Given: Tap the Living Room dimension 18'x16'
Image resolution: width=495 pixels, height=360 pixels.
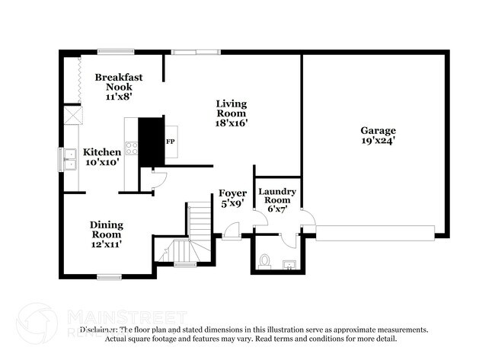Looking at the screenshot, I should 232,122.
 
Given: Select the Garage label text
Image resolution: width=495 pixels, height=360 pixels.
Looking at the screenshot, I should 378,130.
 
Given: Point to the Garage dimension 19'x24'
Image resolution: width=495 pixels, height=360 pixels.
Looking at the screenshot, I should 378,140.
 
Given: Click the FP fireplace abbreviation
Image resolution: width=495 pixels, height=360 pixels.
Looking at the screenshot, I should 171,142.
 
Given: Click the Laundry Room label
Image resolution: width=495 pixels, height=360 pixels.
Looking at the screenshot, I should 277,196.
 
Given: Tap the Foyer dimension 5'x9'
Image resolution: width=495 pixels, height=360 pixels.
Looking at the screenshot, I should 232,203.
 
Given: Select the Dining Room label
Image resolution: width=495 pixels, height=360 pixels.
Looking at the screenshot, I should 107,229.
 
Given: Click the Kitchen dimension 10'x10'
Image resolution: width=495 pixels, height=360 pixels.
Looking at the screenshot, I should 101,162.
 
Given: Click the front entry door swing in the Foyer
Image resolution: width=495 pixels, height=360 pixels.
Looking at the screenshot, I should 232,231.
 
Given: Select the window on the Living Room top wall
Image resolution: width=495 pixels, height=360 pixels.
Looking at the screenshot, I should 185,52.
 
